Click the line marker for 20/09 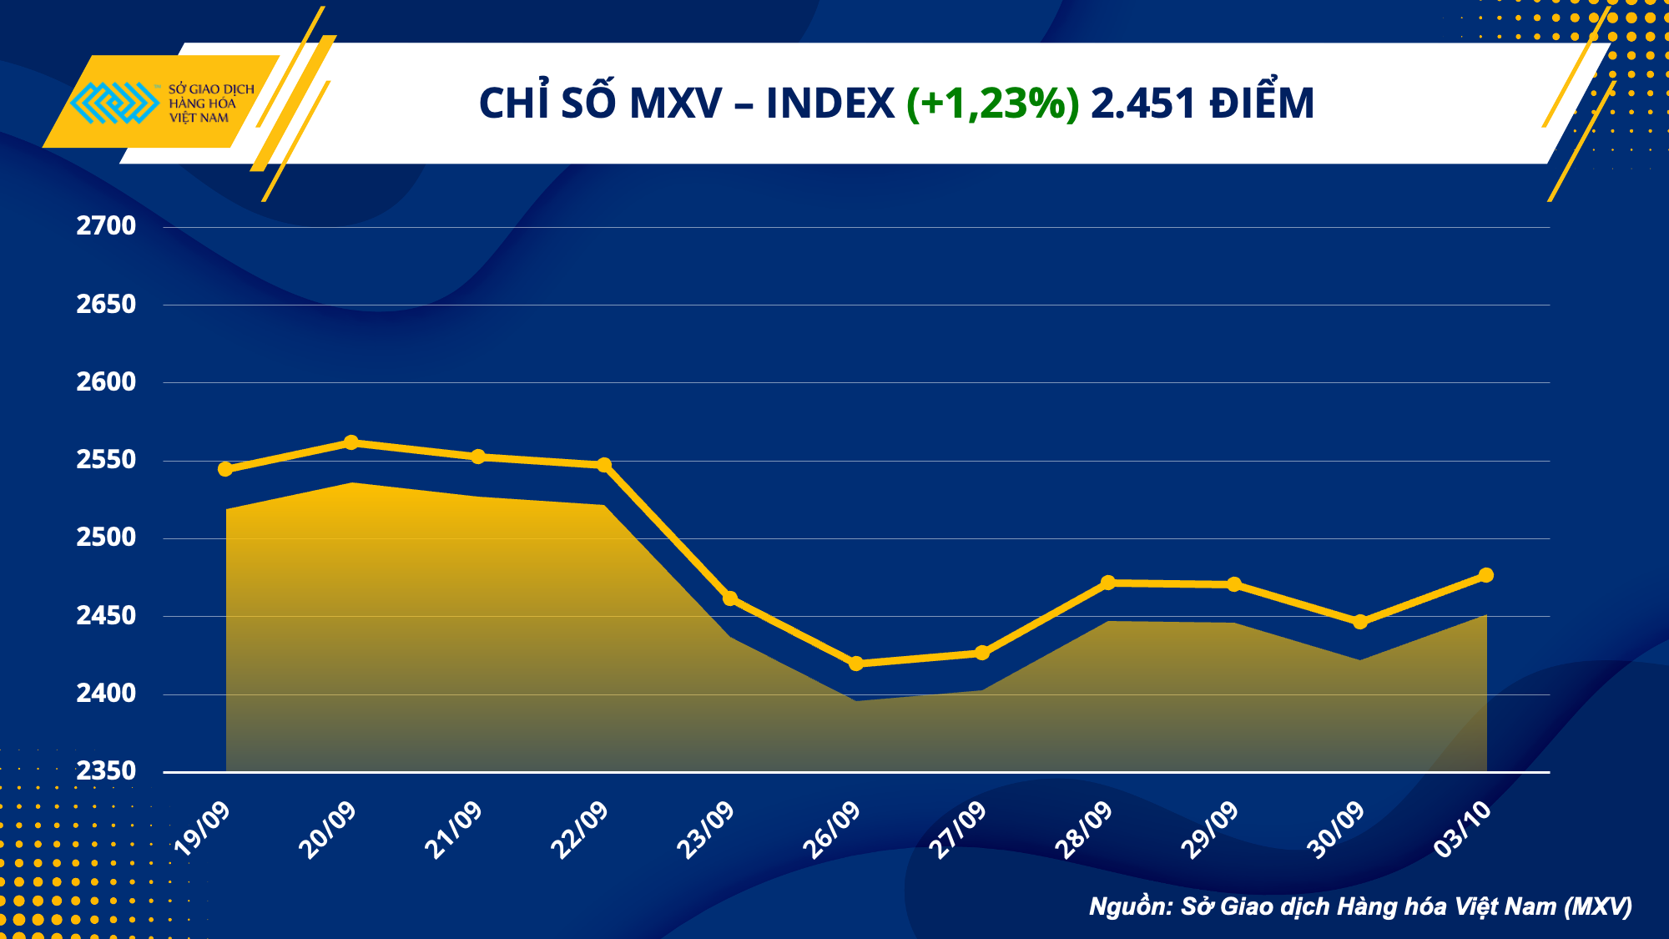(351, 442)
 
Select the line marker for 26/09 (856, 664)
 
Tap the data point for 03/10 (1486, 575)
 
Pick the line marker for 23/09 (730, 598)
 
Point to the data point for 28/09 (1108, 583)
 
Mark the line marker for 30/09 (1360, 622)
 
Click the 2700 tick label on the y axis (106, 226)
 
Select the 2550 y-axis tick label (106, 460)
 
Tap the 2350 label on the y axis (106, 771)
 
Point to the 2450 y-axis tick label (106, 616)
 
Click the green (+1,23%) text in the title (993, 103)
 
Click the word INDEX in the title (830, 103)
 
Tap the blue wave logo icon (115, 103)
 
